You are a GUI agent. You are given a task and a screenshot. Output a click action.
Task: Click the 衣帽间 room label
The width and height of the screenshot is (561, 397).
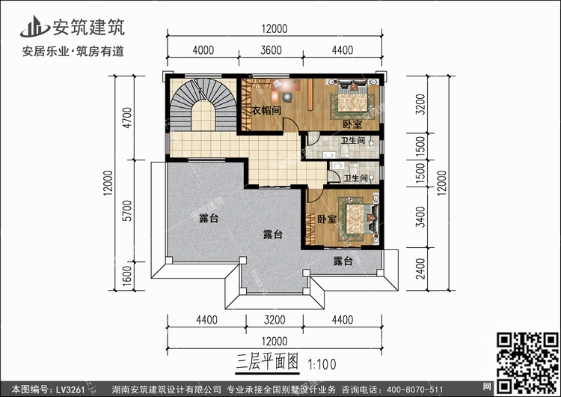click(266, 111)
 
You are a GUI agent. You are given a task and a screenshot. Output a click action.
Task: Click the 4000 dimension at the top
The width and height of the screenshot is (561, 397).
click(203, 50)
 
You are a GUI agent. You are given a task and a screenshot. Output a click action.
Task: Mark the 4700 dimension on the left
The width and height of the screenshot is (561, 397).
click(128, 118)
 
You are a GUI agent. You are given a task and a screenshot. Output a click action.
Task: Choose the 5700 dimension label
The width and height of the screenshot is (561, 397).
click(128, 213)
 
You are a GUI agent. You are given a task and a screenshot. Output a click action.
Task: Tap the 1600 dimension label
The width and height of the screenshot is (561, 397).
click(128, 278)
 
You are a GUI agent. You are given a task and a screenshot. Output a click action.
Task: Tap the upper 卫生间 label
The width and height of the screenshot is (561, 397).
click(352, 140)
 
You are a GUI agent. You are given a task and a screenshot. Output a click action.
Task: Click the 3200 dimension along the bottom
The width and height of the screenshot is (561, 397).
click(275, 320)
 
